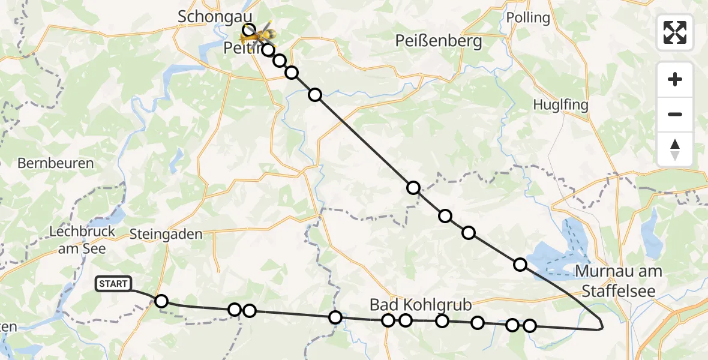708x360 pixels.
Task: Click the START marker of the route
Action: coord(113,284)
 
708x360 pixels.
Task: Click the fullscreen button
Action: coord(675,32)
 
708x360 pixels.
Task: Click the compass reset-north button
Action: coord(675,149)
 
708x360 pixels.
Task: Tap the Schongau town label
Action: coord(215,17)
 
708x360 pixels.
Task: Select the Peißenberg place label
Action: coord(439,41)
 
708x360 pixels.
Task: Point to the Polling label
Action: coord(528,17)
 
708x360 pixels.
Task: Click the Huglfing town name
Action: coord(560,104)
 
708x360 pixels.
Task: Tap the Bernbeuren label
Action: coord(55,163)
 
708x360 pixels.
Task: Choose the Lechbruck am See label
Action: coord(77,239)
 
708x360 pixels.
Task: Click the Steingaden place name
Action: coord(166,234)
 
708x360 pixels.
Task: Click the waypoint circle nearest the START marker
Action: coord(161,301)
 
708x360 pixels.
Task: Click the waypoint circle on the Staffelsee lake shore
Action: coord(520,265)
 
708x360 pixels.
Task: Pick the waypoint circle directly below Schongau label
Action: coord(248,29)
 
